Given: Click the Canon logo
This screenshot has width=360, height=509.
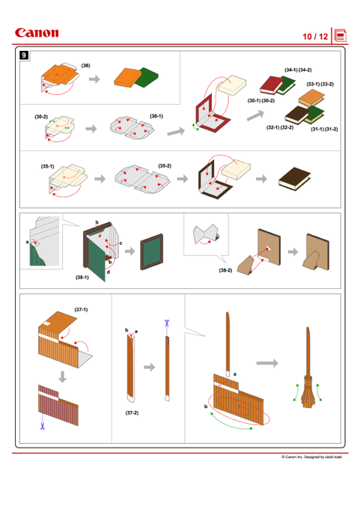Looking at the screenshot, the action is [37, 33].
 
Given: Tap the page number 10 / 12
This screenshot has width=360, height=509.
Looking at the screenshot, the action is [315, 37].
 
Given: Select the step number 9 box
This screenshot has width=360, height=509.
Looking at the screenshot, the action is [24, 55].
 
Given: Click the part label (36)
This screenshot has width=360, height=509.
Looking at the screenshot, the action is [86, 66].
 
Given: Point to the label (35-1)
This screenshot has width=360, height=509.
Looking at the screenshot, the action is [47, 166].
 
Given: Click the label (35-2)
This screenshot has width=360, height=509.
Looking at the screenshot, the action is [165, 166].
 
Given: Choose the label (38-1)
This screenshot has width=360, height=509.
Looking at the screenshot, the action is [82, 277].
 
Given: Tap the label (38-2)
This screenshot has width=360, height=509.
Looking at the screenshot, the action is [225, 270].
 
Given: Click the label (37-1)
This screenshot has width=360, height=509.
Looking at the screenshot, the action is [81, 309].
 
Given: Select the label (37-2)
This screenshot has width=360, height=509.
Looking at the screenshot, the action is [132, 412].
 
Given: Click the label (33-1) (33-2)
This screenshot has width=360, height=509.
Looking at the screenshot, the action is [320, 84].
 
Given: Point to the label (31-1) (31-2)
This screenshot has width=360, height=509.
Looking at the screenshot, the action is [324, 129].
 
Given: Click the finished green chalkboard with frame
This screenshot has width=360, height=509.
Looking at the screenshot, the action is [152, 252].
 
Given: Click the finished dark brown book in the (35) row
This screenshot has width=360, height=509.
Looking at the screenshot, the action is [294, 179].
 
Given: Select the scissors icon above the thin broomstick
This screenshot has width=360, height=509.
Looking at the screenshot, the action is [167, 323].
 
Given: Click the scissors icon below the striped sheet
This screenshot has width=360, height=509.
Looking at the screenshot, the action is [42, 426].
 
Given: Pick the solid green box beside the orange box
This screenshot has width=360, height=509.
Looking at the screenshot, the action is [147, 77].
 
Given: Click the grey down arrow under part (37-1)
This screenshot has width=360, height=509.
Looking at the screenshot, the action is [62, 377].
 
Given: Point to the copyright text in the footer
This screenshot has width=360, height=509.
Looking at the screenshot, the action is [311, 457].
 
